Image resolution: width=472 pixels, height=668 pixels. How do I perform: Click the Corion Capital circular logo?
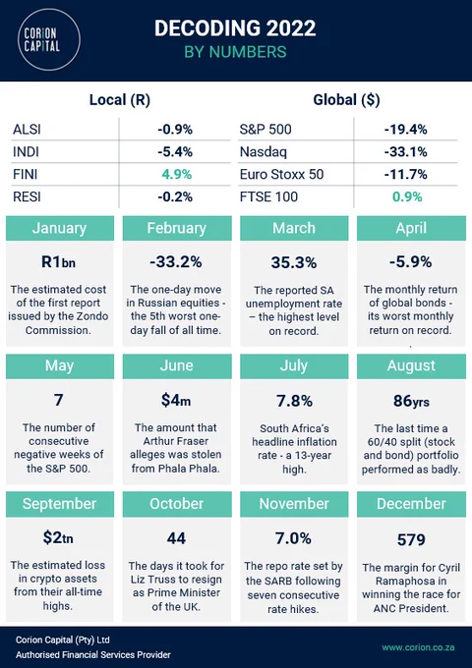(x=49, y=39)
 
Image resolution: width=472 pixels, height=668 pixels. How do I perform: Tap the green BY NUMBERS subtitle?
(x=235, y=51)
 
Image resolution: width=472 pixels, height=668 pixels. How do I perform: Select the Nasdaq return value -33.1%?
(x=405, y=151)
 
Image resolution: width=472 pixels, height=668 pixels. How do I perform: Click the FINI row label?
(x=26, y=174)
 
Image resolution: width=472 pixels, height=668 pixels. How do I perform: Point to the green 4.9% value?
(x=177, y=174)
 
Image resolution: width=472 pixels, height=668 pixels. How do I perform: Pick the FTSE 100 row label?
(x=268, y=196)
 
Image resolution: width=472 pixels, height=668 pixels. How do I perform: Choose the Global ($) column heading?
(x=346, y=99)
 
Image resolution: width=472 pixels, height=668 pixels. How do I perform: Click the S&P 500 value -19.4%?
(x=405, y=129)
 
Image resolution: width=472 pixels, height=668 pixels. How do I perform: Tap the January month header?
(x=60, y=228)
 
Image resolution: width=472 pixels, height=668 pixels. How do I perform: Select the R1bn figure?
(x=58, y=261)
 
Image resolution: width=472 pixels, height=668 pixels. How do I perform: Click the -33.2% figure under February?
(x=176, y=261)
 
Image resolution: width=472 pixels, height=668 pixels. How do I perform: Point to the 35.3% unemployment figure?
(x=294, y=262)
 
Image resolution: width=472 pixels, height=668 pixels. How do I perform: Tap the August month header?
(x=411, y=365)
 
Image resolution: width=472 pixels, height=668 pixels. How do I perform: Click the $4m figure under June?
(x=176, y=400)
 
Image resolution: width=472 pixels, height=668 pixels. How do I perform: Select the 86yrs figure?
(x=411, y=401)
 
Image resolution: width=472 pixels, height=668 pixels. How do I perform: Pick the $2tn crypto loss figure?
(x=58, y=537)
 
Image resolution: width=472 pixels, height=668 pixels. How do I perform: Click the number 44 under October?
(x=176, y=538)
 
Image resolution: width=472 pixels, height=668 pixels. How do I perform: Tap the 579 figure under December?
(x=411, y=539)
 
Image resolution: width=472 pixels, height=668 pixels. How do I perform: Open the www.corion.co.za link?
(x=418, y=647)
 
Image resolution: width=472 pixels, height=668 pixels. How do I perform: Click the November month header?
(x=294, y=504)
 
